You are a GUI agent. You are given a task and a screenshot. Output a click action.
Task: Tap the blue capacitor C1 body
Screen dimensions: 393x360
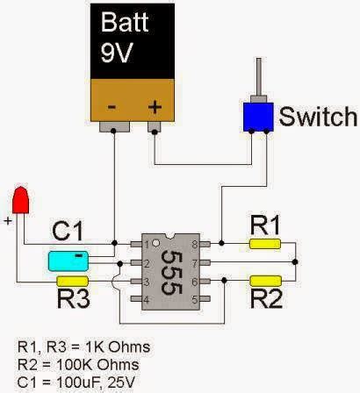point(66,261)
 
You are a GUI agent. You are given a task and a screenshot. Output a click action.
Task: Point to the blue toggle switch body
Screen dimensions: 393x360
point(257,116)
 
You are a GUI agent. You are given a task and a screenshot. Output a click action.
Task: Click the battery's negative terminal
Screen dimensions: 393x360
point(113,127)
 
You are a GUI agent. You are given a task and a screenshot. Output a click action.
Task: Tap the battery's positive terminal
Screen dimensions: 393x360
point(155,127)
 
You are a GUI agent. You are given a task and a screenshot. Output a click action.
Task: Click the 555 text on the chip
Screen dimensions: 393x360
point(172,268)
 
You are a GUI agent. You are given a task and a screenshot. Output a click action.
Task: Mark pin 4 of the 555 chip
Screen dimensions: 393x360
point(137,300)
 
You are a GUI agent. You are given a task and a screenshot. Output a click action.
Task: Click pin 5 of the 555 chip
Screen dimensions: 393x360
point(206,300)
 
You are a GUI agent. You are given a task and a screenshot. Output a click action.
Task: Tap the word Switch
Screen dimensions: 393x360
point(318,116)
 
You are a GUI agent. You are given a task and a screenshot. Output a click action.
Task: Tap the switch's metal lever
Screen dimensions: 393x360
point(259,79)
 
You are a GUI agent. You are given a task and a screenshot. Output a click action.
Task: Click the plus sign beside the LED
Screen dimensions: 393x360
point(8,223)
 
